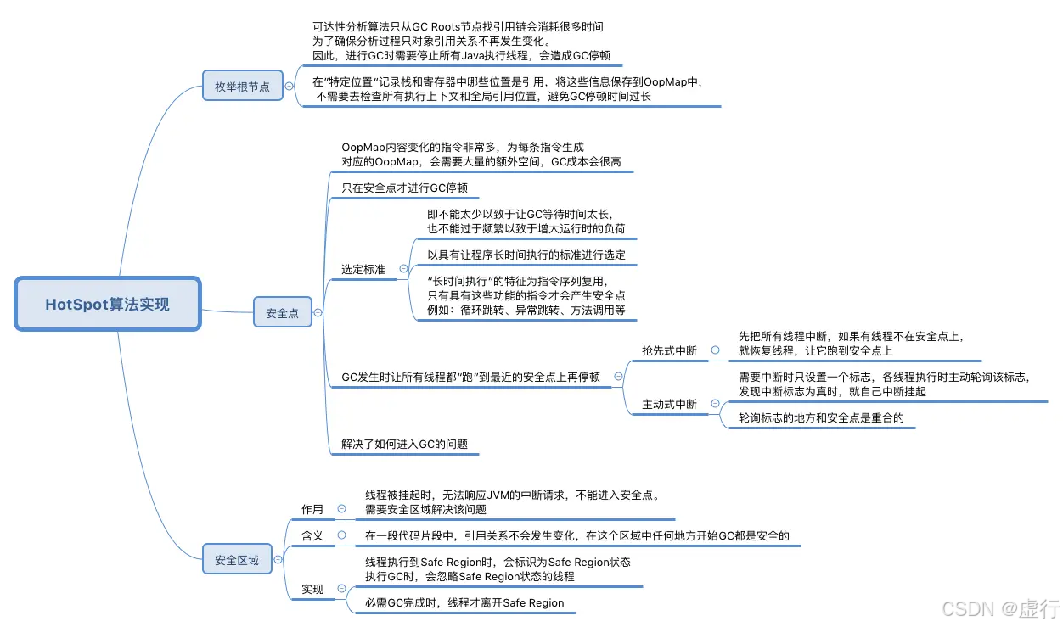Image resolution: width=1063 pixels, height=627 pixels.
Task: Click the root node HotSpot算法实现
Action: (x=107, y=304)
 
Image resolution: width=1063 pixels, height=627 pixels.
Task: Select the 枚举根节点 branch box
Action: (x=242, y=86)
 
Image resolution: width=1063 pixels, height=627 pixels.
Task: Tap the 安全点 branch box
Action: (x=282, y=313)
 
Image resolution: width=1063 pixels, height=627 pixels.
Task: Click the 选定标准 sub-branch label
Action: (x=363, y=269)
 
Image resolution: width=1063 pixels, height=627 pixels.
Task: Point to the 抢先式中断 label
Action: (x=669, y=350)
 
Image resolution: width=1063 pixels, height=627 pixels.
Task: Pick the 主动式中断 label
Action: (x=669, y=405)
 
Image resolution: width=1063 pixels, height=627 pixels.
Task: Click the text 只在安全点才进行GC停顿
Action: (x=404, y=188)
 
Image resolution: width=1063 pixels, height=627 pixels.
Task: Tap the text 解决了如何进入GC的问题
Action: (x=404, y=444)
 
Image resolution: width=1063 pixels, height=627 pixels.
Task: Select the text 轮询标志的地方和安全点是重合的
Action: (x=821, y=418)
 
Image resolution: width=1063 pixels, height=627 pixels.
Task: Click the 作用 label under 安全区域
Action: (x=312, y=509)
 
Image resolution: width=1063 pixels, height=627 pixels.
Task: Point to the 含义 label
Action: (x=312, y=535)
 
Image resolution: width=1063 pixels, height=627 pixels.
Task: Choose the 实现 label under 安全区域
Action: (x=312, y=589)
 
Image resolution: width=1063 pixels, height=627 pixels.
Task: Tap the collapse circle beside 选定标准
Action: (x=403, y=268)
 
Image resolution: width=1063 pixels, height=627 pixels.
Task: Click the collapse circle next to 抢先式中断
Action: (x=715, y=350)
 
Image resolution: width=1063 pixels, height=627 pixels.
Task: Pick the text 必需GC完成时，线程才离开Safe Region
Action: (x=464, y=603)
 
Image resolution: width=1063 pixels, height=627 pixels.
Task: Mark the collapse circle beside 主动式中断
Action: (x=715, y=404)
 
